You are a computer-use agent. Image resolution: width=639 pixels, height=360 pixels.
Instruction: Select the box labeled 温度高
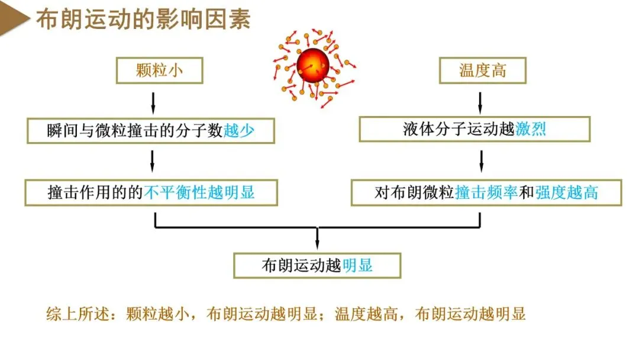483,71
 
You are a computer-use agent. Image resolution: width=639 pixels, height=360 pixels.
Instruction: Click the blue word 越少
239,130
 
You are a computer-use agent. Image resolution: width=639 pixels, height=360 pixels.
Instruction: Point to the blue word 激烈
531,129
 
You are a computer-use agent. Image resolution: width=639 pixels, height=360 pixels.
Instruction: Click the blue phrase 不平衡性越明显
199,192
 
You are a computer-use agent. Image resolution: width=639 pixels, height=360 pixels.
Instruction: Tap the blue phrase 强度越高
567,192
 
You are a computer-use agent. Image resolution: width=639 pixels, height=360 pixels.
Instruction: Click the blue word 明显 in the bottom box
358,265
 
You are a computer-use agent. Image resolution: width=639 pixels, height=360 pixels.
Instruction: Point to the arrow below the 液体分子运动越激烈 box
481,160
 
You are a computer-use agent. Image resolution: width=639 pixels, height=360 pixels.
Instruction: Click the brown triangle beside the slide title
14,20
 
